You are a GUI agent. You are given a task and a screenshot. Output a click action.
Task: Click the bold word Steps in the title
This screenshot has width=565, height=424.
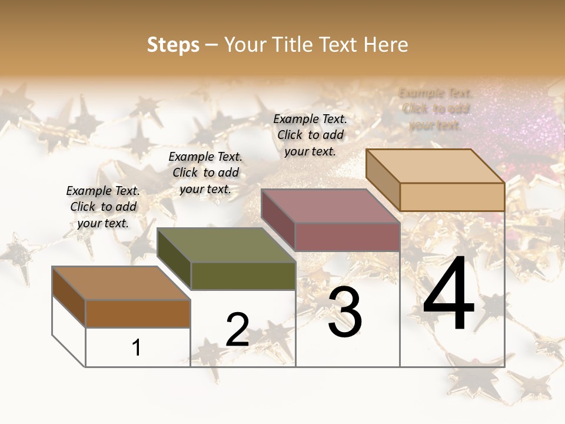click(173, 45)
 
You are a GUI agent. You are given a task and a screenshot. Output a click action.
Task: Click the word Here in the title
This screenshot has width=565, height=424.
click(385, 45)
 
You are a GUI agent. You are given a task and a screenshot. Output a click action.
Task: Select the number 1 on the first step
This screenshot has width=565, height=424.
click(137, 347)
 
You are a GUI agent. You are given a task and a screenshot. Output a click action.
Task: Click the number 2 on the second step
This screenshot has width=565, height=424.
click(237, 330)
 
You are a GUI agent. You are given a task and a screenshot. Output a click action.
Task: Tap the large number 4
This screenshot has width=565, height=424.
click(448, 294)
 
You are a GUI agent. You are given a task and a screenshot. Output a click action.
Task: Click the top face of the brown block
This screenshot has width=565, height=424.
click(121, 283)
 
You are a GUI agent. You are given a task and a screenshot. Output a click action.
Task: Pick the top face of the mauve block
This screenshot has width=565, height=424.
click(330, 206)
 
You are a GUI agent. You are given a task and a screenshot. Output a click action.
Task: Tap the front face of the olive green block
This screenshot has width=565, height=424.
click(243, 276)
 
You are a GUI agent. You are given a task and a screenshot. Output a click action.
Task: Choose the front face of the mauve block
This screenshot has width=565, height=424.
click(347, 237)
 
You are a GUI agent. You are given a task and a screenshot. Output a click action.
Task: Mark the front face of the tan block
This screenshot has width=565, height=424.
click(452, 197)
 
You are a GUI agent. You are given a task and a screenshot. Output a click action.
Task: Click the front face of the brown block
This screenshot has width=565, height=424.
click(138, 313)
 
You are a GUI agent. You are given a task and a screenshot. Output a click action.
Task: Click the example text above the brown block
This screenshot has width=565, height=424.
click(103, 207)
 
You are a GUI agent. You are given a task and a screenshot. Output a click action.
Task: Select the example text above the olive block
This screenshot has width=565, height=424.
click(205, 173)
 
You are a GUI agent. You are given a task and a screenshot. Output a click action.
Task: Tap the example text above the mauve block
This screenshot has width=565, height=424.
click(310, 135)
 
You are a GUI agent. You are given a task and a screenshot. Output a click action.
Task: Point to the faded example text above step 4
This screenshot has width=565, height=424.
click(436, 108)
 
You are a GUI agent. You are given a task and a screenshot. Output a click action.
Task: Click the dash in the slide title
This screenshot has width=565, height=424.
click(212, 45)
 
